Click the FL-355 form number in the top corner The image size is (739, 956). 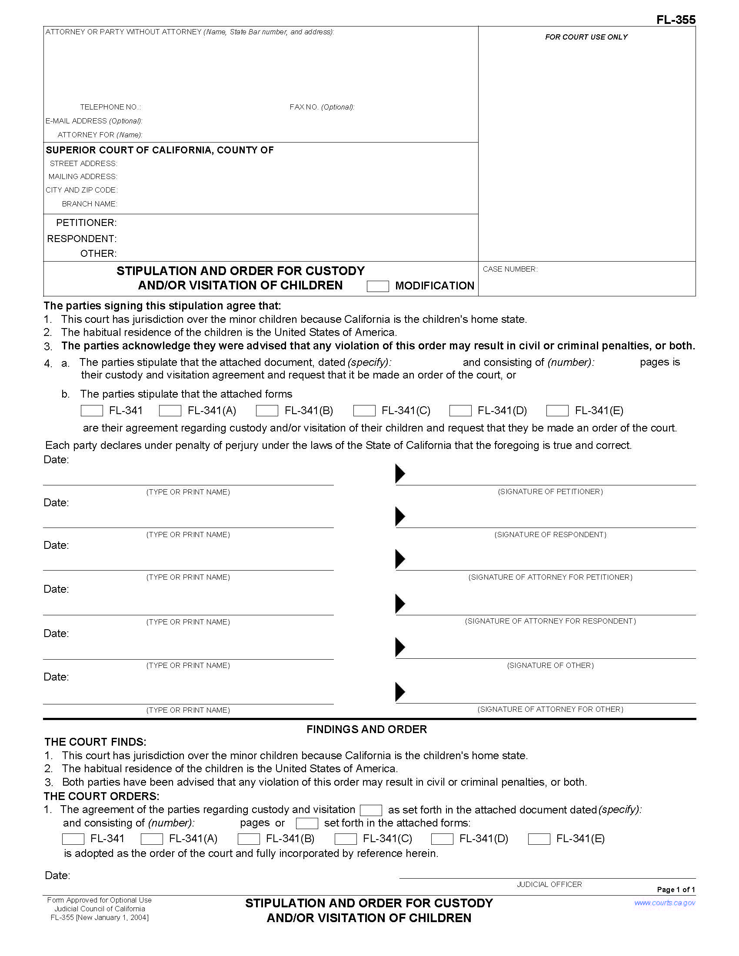[x=676, y=20]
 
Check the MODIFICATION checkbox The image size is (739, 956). [x=377, y=286]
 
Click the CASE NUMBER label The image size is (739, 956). [x=510, y=269]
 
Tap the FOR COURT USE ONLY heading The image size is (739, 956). [x=586, y=37]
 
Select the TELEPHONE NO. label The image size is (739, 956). [x=110, y=107]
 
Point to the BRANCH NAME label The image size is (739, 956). [x=89, y=204]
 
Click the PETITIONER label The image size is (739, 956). [x=86, y=223]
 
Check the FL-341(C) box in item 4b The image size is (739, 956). [x=364, y=411]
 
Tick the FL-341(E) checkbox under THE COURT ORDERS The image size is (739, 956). [x=539, y=839]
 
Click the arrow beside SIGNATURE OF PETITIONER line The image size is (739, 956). [x=399, y=474]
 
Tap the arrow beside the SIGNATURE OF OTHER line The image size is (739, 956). [x=399, y=647]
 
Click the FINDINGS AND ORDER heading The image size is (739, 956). [x=366, y=729]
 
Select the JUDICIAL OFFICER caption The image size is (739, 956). [x=549, y=884]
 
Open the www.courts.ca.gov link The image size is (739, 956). [x=664, y=903]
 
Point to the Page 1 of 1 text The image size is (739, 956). [x=676, y=890]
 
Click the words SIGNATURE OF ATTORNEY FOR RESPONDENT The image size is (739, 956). [x=550, y=621]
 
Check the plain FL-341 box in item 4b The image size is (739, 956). [x=92, y=411]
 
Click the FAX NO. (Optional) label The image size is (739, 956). [x=322, y=107]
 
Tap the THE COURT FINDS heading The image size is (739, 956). [x=95, y=742]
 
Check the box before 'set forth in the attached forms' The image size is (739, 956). [x=307, y=823]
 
